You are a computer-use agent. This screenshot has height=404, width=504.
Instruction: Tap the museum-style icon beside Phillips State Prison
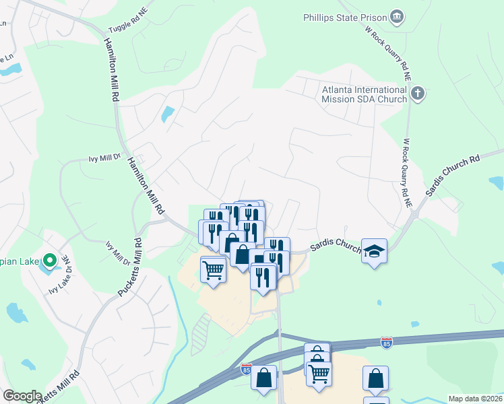click(x=398, y=16)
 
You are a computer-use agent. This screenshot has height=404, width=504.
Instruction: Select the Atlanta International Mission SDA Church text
click(x=364, y=94)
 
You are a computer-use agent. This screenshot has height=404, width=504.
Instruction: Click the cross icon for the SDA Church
click(x=418, y=93)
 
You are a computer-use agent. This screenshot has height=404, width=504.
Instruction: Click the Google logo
click(x=22, y=396)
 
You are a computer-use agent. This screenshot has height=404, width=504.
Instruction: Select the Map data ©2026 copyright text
click(x=476, y=399)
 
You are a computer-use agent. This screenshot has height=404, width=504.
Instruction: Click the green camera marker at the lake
click(x=49, y=259)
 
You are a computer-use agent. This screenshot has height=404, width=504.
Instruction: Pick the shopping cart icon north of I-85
click(x=213, y=270)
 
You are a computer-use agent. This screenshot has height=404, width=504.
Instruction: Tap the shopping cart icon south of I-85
click(x=319, y=371)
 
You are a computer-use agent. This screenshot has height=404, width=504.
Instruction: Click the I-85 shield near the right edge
click(x=386, y=343)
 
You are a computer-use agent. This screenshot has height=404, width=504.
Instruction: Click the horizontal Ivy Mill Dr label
click(x=104, y=159)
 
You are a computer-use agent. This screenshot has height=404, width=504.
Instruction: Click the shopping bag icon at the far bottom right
click(x=375, y=378)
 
